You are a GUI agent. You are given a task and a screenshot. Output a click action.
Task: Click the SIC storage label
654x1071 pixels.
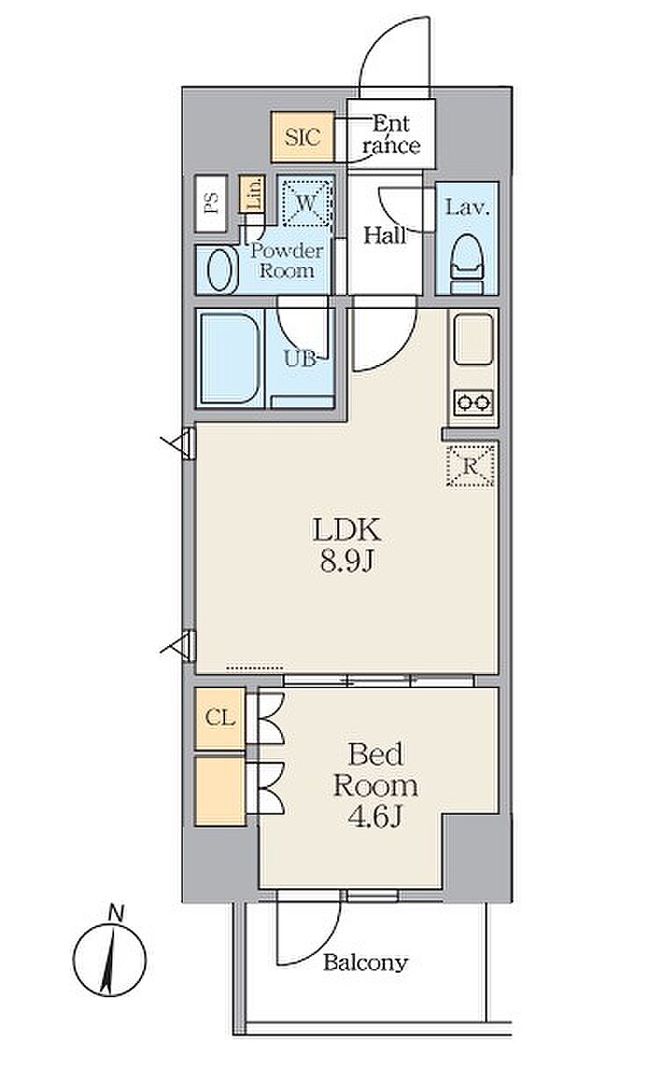coord(302,136)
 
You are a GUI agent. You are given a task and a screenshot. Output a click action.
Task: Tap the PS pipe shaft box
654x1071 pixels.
coord(210,203)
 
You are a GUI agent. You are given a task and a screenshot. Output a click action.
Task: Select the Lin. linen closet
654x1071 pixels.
coord(252,193)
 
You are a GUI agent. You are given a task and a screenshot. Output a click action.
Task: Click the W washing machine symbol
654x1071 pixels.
coord(306,202)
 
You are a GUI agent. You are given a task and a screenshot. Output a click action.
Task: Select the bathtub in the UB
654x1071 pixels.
coord(230,358)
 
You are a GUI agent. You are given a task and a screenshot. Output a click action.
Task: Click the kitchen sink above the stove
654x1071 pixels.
coord(473,340)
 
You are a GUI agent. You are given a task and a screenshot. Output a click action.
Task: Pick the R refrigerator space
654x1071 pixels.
coord(470,466)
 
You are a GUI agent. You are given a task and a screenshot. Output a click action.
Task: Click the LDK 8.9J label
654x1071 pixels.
coord(346,544)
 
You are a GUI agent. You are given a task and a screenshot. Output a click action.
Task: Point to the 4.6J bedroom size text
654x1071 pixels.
coord(374,817)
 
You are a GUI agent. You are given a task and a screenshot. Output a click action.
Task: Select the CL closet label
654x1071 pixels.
coord(220,718)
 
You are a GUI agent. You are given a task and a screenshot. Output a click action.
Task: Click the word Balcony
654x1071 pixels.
coord(365,963)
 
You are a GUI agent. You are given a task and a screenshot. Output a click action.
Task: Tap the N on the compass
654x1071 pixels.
coord(117,912)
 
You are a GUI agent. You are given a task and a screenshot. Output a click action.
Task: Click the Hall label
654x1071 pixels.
coord(385,235)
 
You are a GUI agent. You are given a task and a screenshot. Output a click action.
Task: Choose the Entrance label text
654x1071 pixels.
coord(391,134)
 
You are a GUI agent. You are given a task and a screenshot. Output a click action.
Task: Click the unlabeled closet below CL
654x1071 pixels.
coord(220,790)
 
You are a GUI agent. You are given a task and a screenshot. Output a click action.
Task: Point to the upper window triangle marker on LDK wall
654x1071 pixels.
coord(178,444)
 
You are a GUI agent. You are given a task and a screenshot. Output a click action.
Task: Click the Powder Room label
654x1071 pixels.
coord(286,261)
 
